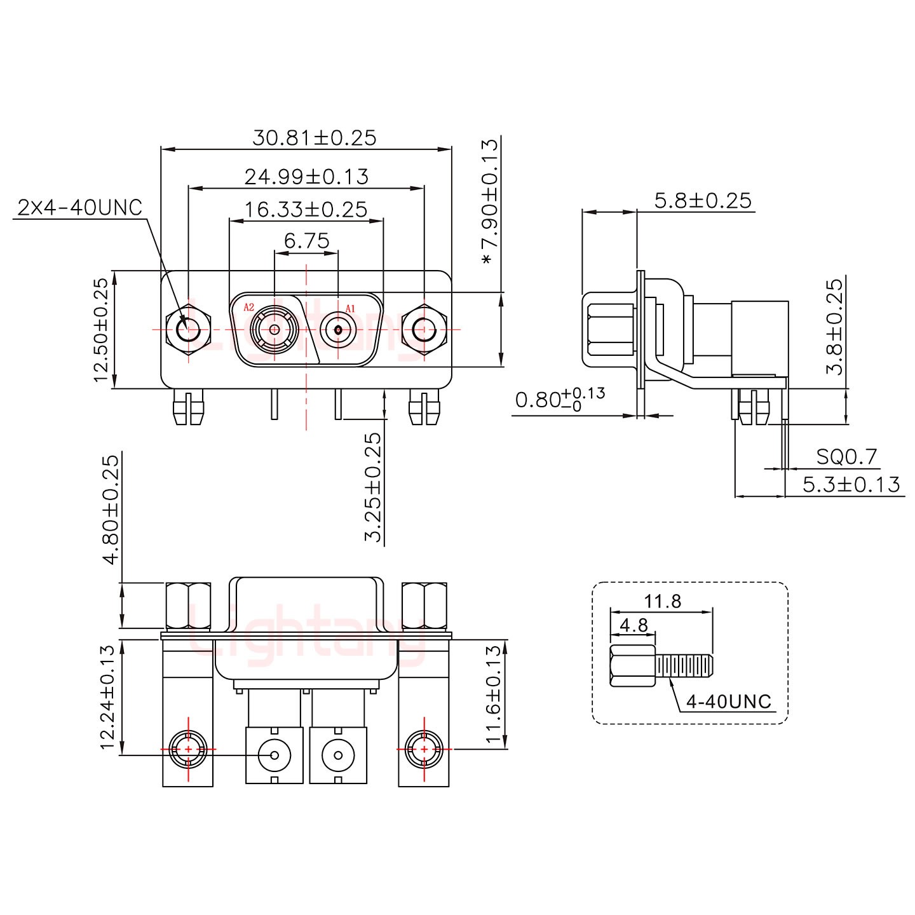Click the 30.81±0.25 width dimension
click(314, 138)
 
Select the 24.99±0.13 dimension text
click(306, 177)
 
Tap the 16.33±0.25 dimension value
click(306, 210)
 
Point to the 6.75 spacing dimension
click(307, 241)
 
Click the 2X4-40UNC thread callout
click(80, 208)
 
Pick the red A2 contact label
click(249, 307)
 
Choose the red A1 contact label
click(350, 309)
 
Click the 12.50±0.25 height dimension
click(101, 330)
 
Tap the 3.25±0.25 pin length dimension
click(373, 487)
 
